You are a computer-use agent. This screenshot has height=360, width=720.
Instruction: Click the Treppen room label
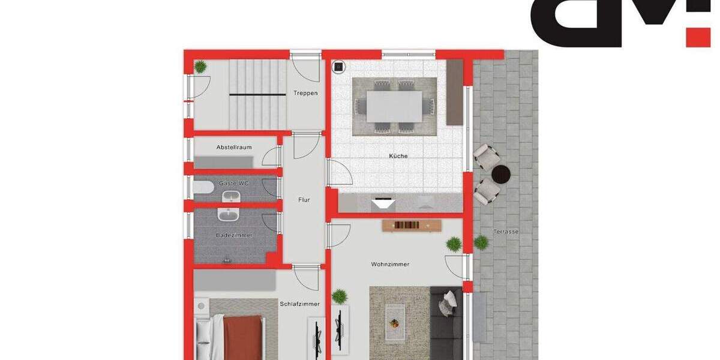click(x=305, y=93)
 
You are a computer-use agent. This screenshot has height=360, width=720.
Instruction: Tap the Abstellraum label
click(x=234, y=147)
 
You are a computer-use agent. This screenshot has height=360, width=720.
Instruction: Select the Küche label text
click(x=398, y=156)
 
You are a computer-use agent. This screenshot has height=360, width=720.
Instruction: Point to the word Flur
click(x=304, y=200)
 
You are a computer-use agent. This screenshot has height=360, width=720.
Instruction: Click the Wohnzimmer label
click(x=390, y=264)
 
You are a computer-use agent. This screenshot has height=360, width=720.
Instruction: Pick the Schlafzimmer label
click(x=299, y=304)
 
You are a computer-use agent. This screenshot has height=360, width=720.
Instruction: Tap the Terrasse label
click(x=506, y=232)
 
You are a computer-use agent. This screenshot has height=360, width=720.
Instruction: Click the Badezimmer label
click(x=234, y=235)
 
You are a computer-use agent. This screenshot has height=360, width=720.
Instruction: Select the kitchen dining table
click(x=394, y=106)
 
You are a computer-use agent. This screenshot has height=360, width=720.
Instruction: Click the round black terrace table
click(x=500, y=175)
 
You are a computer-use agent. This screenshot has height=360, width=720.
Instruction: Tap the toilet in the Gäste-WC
click(x=203, y=188)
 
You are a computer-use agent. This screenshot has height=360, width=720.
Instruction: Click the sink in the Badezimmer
click(x=229, y=215)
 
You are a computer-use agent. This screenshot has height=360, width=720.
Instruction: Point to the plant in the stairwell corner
click(x=200, y=66)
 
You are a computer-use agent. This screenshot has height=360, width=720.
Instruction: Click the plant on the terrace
click(x=481, y=242)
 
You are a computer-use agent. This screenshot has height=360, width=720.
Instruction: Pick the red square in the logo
click(x=698, y=37)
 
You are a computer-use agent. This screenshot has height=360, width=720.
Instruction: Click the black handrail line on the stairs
click(x=250, y=95)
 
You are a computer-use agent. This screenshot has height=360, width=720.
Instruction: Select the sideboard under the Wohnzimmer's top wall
click(x=412, y=226)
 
